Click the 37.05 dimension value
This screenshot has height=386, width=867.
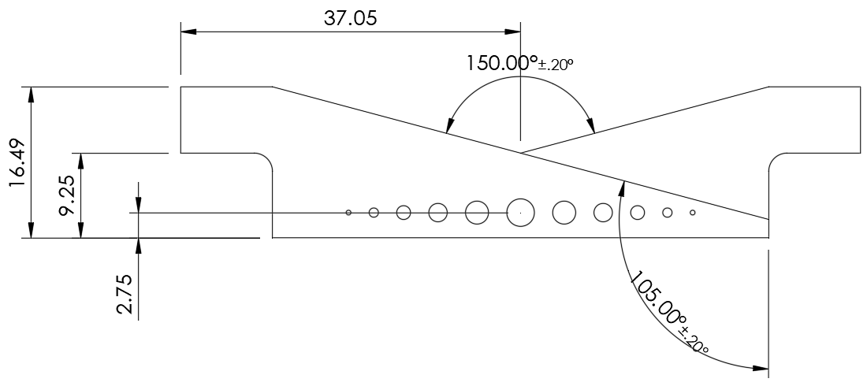point(350,17)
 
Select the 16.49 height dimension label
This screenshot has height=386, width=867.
point(18,162)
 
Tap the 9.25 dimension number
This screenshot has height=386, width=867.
point(69,196)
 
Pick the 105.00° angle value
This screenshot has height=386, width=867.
point(659,302)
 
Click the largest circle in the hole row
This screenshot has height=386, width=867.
point(519,212)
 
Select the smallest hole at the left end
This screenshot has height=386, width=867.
point(348,212)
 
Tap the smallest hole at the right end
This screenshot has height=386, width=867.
point(693,212)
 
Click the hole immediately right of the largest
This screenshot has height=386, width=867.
point(564,212)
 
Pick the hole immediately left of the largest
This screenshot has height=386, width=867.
point(477,212)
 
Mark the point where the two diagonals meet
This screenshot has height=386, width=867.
point(520,152)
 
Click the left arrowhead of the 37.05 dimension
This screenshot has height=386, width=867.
point(188,32)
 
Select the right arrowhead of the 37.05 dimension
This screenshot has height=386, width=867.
point(513,32)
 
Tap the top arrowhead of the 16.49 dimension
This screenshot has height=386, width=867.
point(32,92)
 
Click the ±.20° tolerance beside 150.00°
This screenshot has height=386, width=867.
point(556,65)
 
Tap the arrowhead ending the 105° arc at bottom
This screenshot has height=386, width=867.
point(761,368)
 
